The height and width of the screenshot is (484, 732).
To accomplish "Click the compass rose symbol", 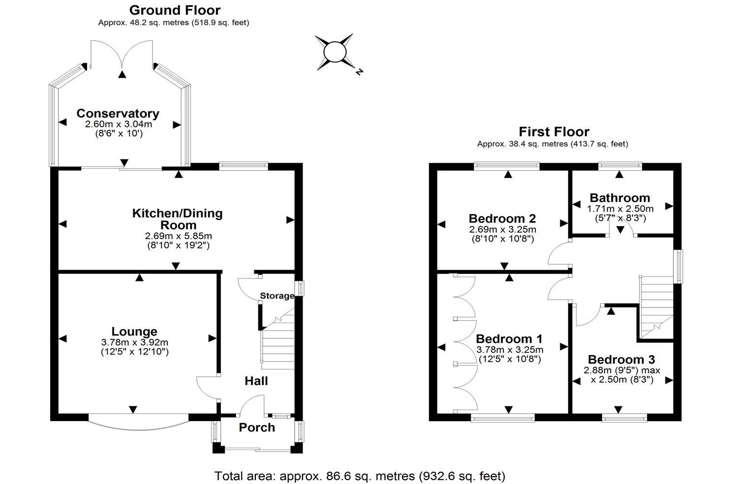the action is click(x=335, y=52).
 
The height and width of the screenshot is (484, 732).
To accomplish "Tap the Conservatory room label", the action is click(x=118, y=114).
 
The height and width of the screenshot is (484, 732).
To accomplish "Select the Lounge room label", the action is click(x=134, y=332).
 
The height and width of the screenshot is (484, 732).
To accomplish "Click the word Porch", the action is click(x=257, y=427).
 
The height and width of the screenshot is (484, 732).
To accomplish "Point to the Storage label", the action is click(x=276, y=296).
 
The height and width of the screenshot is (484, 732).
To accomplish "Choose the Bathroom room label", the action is click(x=620, y=198).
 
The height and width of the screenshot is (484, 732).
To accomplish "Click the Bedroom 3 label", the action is click(x=621, y=360).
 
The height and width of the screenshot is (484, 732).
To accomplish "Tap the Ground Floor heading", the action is click(x=175, y=10).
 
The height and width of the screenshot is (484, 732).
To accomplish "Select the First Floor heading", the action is click(x=554, y=132).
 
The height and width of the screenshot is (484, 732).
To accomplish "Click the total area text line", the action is click(x=360, y=476).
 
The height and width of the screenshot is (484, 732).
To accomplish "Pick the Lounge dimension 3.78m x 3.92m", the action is click(x=134, y=343).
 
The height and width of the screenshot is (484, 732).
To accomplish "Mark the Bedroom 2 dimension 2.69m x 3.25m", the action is click(x=502, y=230).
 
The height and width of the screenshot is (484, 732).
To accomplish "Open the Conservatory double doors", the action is click(x=122, y=57).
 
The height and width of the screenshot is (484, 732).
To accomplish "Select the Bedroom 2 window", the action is click(x=507, y=166).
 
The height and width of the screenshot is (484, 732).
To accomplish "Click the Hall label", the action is click(x=256, y=381).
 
